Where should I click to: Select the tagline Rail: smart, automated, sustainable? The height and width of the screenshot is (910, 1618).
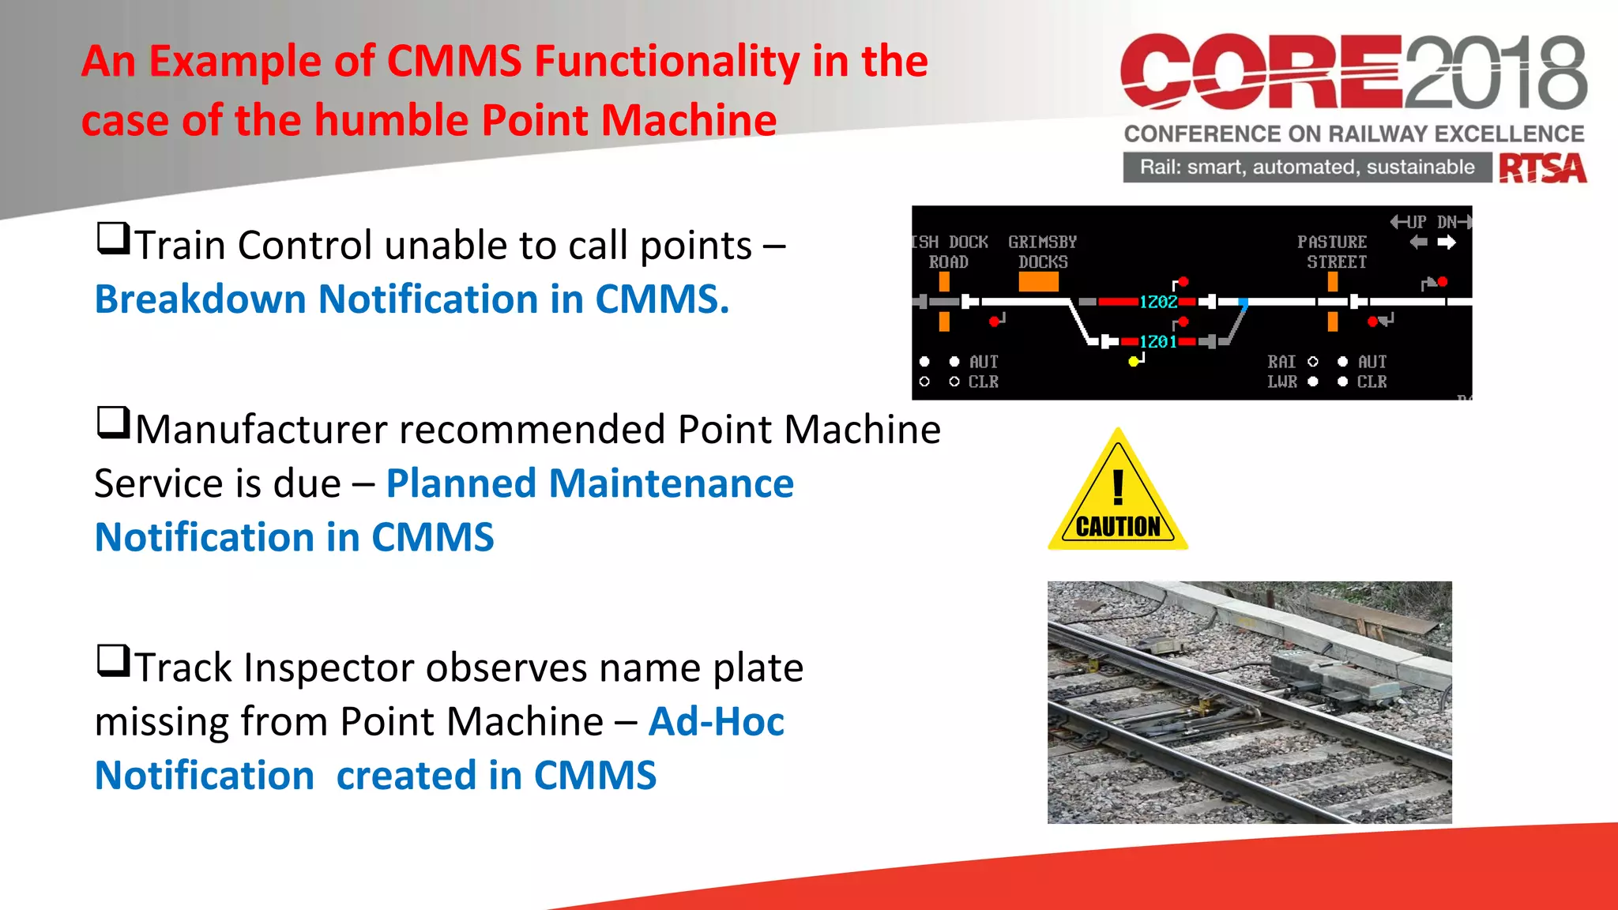pyautogui.click(x=1307, y=167)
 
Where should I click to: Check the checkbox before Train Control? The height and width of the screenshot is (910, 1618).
pyautogui.click(x=113, y=238)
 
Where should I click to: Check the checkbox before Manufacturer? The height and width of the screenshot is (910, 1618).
pyautogui.click(x=113, y=423)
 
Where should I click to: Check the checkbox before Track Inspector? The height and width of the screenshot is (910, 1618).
pyautogui.click(x=113, y=660)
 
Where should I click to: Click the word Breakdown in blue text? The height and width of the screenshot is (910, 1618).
pyautogui.click(x=200, y=300)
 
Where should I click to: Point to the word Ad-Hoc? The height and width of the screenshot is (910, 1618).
pyautogui.click(x=716, y=722)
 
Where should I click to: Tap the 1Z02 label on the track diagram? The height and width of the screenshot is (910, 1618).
pyautogui.click(x=1158, y=302)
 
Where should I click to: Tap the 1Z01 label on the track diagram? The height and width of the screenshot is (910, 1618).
pyautogui.click(x=1158, y=341)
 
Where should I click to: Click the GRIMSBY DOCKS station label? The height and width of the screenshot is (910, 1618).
pyautogui.click(x=1042, y=251)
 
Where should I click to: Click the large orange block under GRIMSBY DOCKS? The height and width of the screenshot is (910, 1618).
pyautogui.click(x=1038, y=282)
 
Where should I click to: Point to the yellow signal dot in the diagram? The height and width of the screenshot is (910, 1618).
pyautogui.click(x=1133, y=361)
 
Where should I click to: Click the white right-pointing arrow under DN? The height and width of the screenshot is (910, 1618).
pyautogui.click(x=1447, y=243)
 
